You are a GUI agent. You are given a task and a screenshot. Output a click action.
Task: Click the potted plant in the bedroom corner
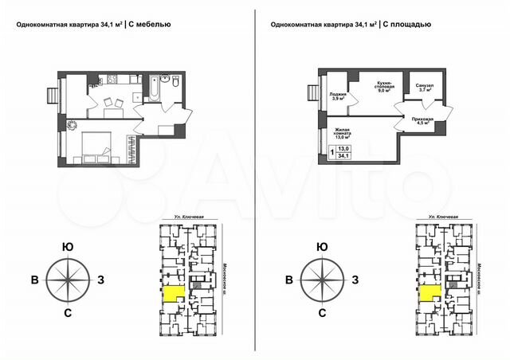[72, 123]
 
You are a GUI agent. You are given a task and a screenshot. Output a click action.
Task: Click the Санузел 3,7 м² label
[423, 88]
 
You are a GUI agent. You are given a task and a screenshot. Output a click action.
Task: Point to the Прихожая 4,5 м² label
[421, 120]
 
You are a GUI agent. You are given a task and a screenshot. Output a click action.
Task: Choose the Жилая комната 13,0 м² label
[343, 134]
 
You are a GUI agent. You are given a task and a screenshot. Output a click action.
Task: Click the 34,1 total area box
[344, 156]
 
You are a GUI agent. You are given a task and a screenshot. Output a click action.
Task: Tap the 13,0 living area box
[344, 148]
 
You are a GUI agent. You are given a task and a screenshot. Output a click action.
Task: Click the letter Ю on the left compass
[69, 247]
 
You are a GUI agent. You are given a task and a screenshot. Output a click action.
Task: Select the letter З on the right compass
[355, 279]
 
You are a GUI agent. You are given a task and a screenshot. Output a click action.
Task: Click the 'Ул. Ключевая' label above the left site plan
[179, 217]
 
